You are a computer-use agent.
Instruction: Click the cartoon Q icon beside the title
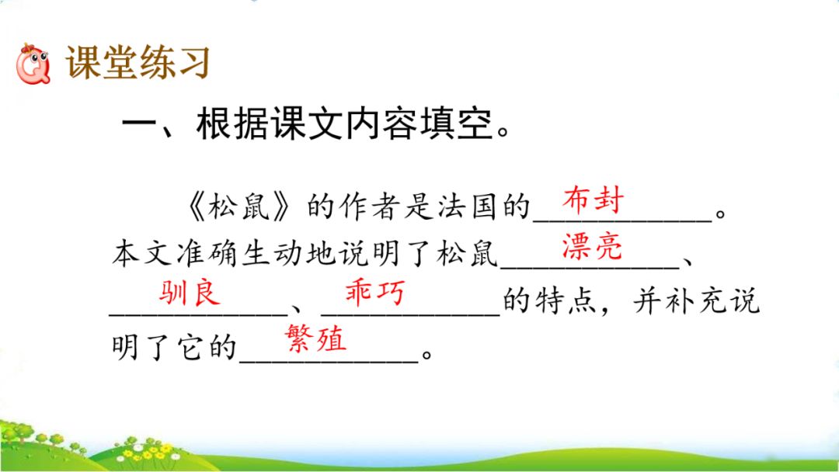click(33, 64)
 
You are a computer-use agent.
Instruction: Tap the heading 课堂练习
click(138, 63)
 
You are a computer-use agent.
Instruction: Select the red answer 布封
click(593, 200)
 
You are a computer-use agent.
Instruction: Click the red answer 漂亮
click(592, 246)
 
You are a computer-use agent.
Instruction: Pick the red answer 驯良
click(190, 293)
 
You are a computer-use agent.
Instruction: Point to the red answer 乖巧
click(374, 293)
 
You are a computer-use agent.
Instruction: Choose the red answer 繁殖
click(315, 338)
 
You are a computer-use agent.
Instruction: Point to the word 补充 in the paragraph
click(695, 300)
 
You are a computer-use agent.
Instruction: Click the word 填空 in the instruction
click(456, 124)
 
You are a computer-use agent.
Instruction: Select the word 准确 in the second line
click(206, 254)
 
